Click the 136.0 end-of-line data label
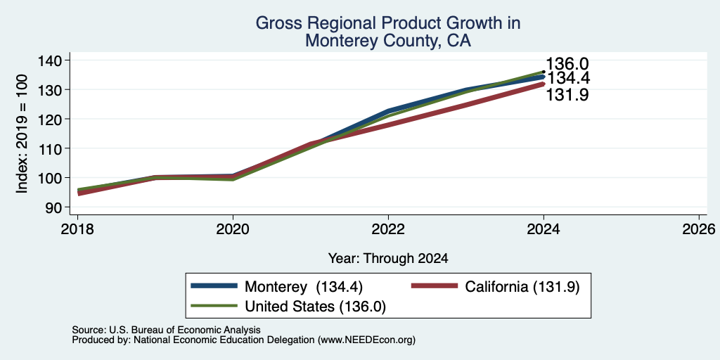(567, 64)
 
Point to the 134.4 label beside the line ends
(568, 79)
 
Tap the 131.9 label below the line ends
(567, 95)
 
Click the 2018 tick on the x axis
(77, 229)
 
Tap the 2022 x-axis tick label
(388, 229)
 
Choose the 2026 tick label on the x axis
(699, 229)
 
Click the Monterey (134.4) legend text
(304, 287)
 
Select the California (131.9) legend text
(522, 287)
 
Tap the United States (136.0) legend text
(316, 307)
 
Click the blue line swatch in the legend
(214, 286)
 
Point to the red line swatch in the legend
(435, 286)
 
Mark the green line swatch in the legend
(214, 305)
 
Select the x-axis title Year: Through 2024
(388, 259)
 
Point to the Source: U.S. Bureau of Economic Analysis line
(166, 330)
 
